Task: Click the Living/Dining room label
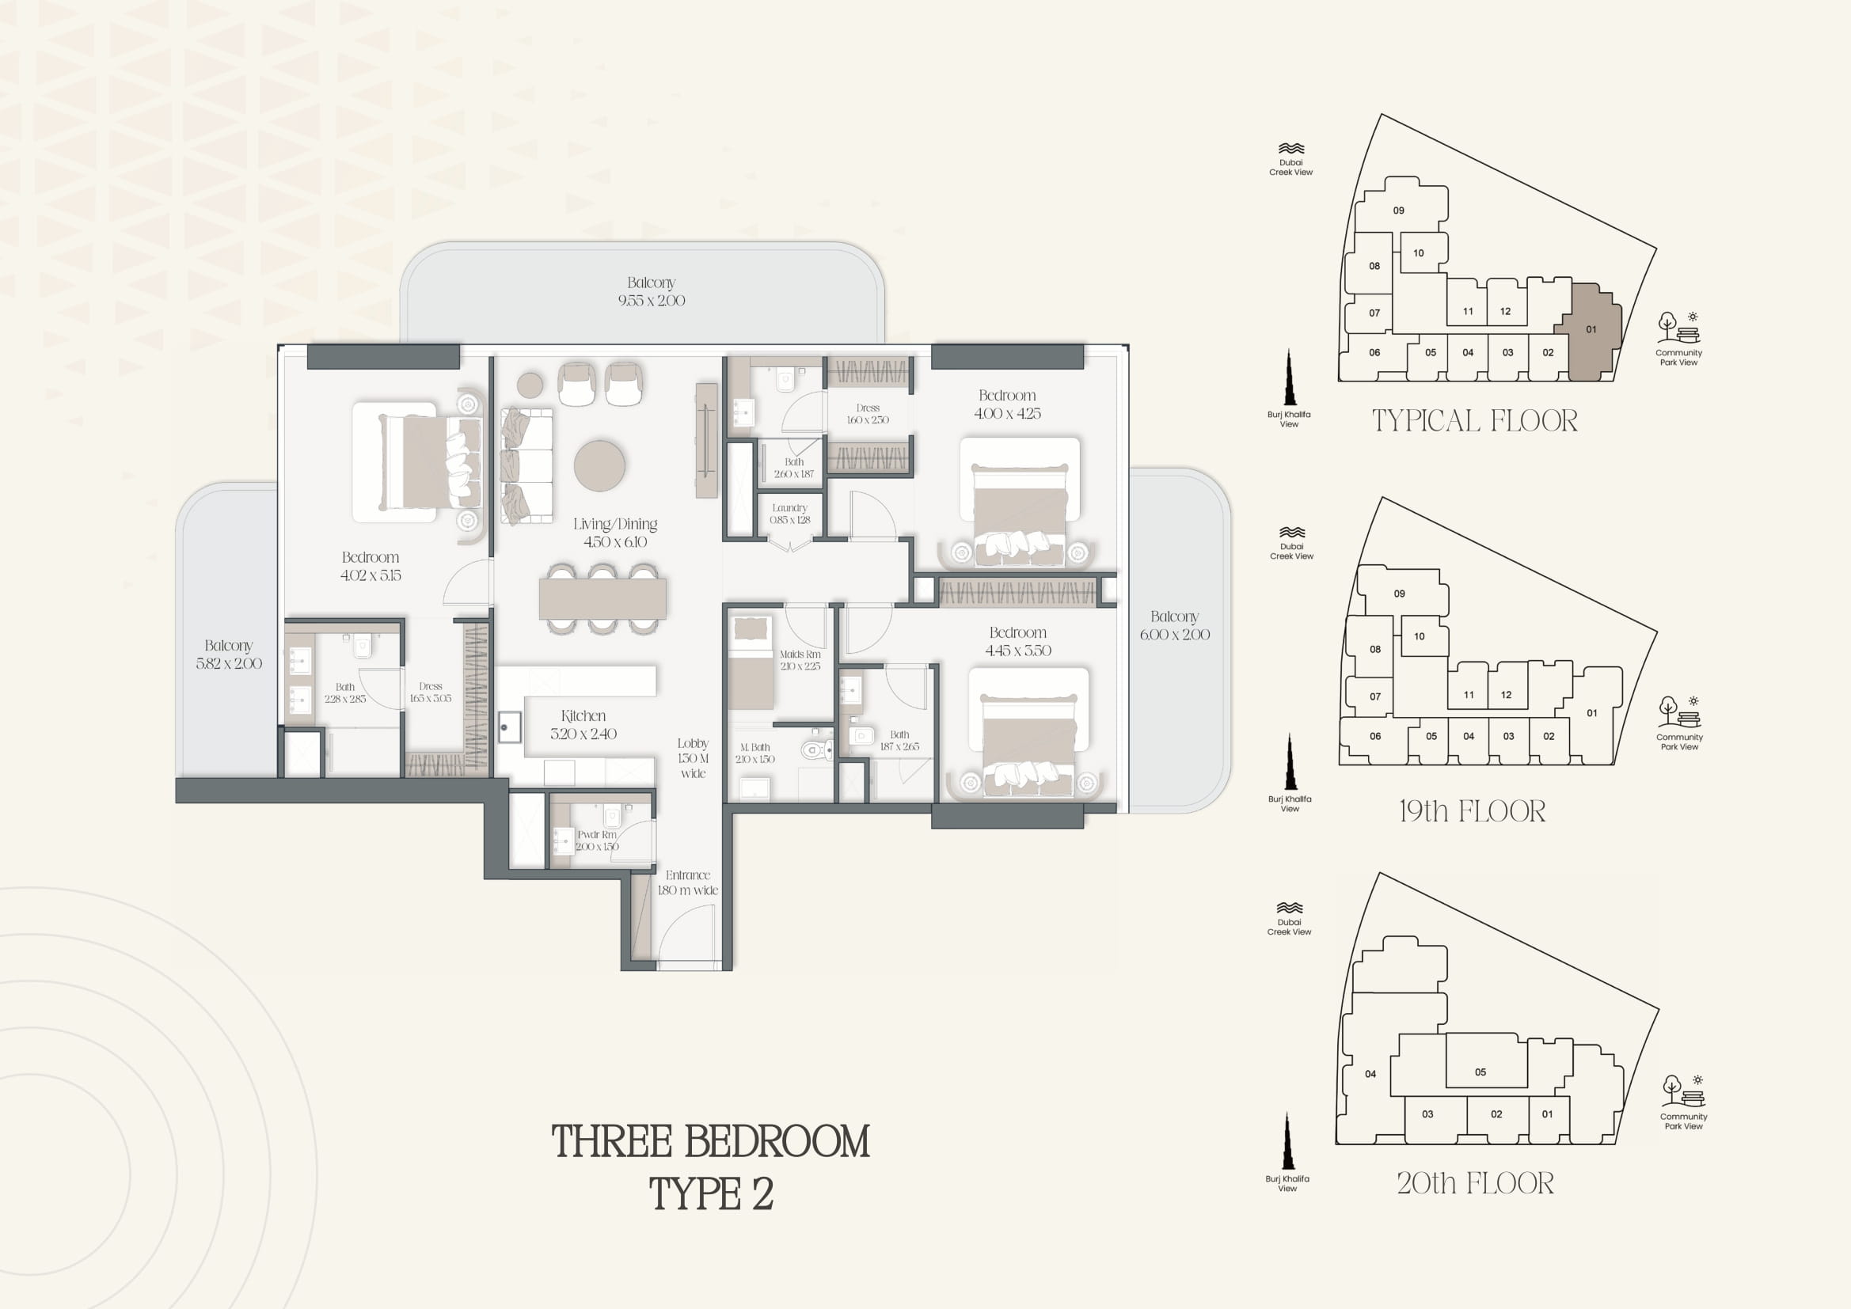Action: click(x=615, y=533)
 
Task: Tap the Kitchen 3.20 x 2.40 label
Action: click(x=583, y=725)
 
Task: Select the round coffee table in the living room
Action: click(x=599, y=465)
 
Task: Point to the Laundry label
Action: click(x=789, y=514)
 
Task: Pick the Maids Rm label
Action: click(x=800, y=660)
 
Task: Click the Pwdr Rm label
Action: click(x=597, y=840)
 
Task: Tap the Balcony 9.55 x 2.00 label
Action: click(x=652, y=291)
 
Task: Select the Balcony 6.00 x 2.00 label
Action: click(x=1175, y=625)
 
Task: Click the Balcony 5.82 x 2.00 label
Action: click(x=229, y=654)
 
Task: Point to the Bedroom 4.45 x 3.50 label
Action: click(x=1018, y=642)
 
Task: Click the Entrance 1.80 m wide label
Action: click(x=688, y=882)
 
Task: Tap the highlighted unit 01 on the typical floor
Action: click(x=1589, y=330)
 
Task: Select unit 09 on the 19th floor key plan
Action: click(x=1401, y=594)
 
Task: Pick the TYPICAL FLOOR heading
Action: click(x=1474, y=421)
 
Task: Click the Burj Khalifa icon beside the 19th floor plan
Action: click(x=1289, y=761)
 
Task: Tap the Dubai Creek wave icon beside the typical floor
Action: click(x=1290, y=149)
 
